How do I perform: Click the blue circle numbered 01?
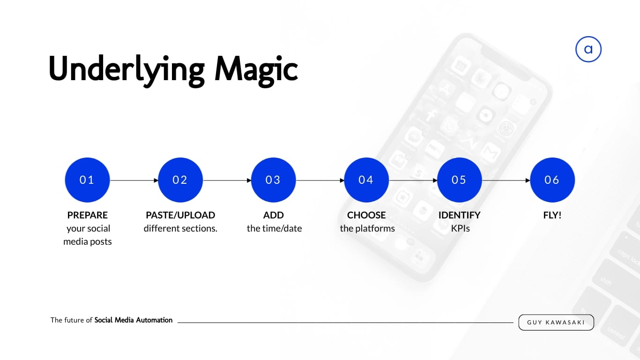(x=88, y=180)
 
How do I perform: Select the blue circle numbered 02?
(x=180, y=180)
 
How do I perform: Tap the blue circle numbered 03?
(x=274, y=180)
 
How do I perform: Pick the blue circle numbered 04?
(x=366, y=180)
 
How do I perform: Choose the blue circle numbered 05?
(x=460, y=180)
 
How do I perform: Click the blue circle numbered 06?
(x=552, y=180)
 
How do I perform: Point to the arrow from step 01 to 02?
(x=134, y=180)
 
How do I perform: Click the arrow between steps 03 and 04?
(x=320, y=180)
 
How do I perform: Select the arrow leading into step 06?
(x=506, y=180)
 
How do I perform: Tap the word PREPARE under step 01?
(x=88, y=215)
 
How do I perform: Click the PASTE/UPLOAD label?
(x=180, y=215)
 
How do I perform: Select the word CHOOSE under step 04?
(x=366, y=215)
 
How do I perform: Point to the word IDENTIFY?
(x=460, y=215)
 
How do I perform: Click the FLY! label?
(x=552, y=215)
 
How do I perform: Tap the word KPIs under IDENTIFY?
(x=460, y=228)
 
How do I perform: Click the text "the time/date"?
(x=274, y=228)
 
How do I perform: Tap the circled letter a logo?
(x=588, y=49)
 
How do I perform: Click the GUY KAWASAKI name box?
(x=556, y=322)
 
